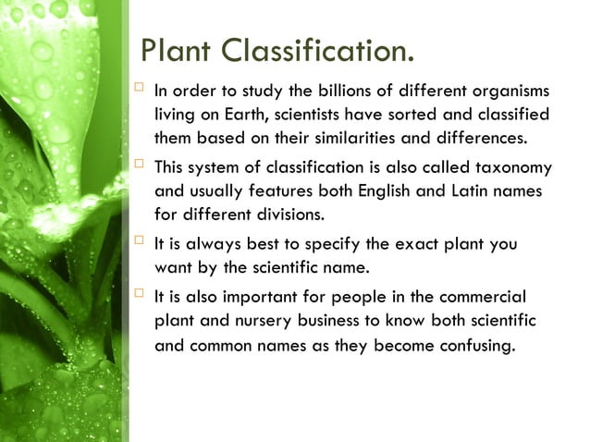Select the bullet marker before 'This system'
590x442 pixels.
(x=140, y=166)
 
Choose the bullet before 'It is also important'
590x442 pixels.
(x=140, y=295)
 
